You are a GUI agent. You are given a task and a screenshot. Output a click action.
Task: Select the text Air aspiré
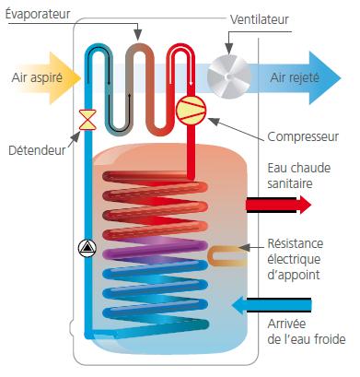click(x=38, y=78)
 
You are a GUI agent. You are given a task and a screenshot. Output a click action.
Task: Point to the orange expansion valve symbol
click(x=87, y=119)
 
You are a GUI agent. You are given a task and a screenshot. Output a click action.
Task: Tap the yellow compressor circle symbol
click(x=191, y=109)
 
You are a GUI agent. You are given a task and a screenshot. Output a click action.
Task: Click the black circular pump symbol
click(x=87, y=246)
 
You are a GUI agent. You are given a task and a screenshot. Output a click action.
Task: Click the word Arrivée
click(x=287, y=324)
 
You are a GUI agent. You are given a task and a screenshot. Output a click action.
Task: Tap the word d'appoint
click(x=294, y=275)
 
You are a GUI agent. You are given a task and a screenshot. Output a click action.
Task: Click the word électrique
click(x=295, y=260)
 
